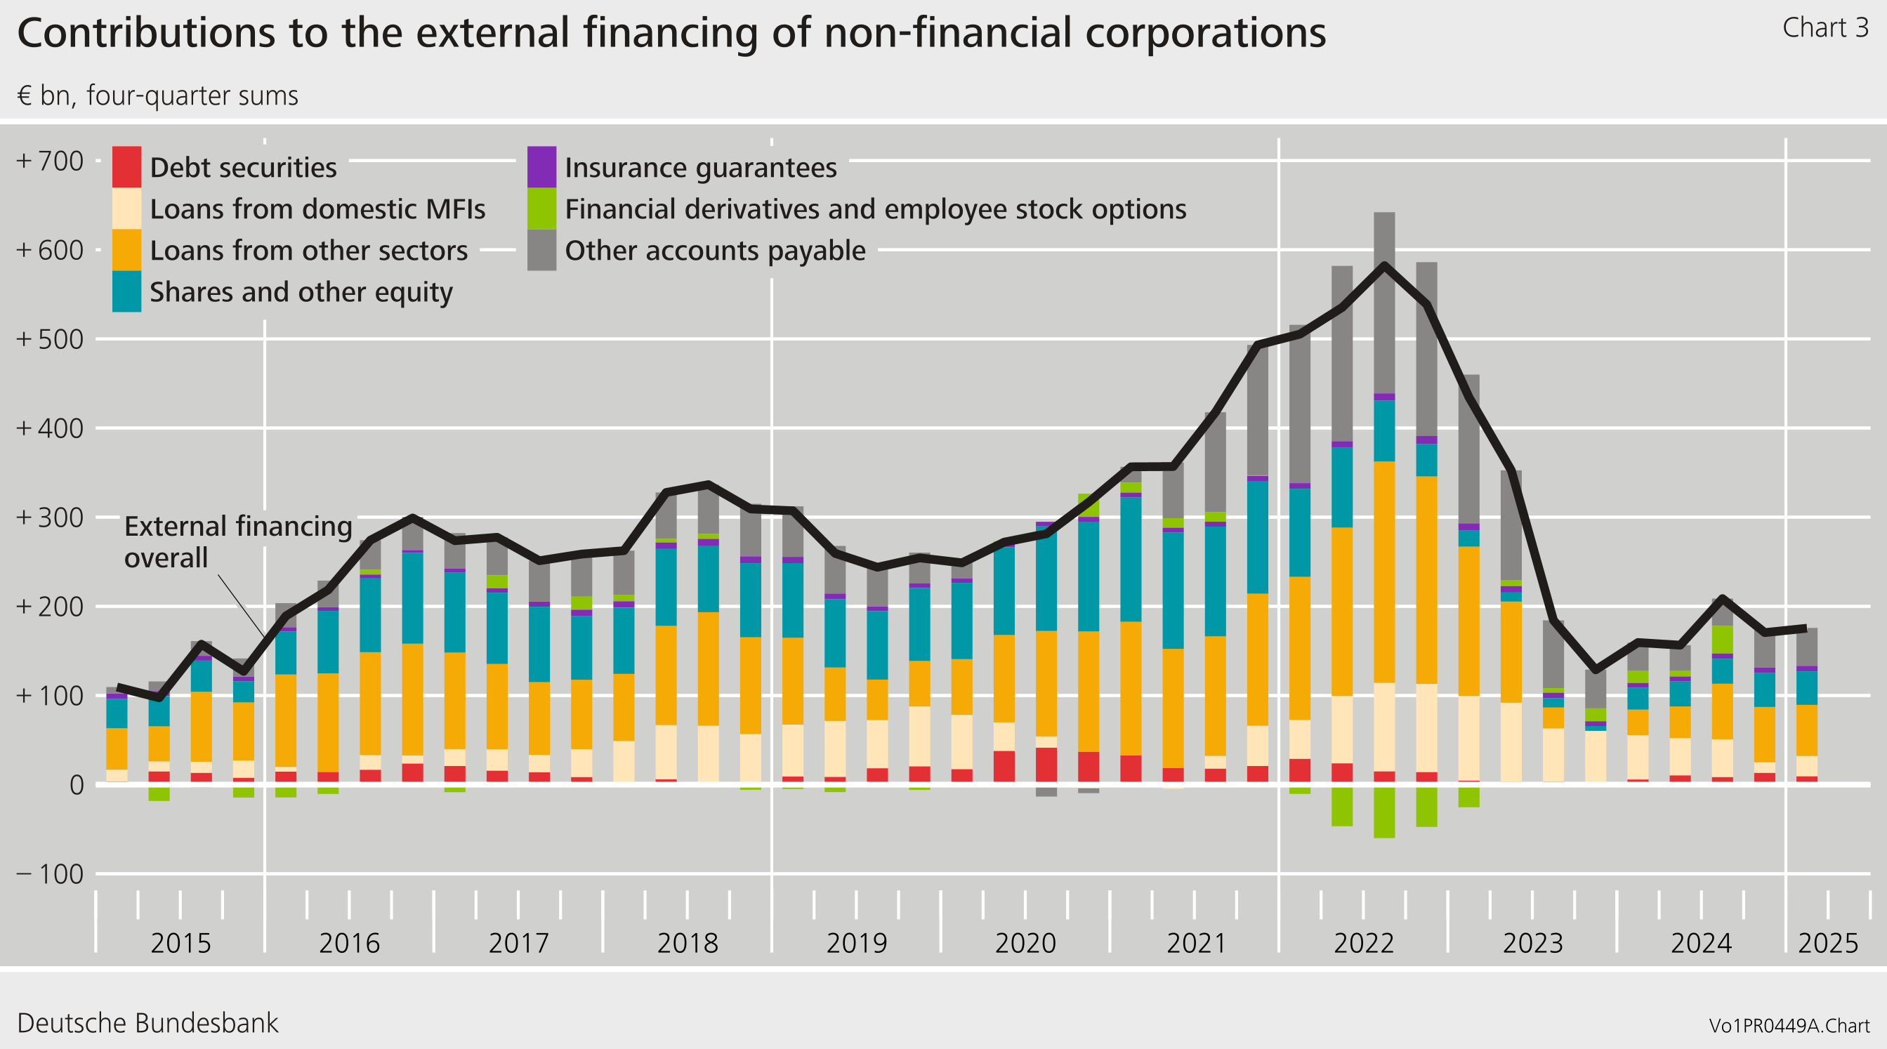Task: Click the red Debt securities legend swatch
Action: click(x=126, y=167)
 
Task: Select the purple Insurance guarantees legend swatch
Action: click(x=541, y=167)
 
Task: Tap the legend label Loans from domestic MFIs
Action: click(x=317, y=209)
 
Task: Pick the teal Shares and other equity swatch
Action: click(x=126, y=291)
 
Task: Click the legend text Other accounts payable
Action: click(x=714, y=251)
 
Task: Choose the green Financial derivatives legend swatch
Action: click(x=541, y=209)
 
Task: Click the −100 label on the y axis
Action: click(x=50, y=874)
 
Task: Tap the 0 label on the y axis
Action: click(x=76, y=785)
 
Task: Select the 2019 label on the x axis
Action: click(x=855, y=943)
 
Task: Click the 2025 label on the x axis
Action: click(x=1828, y=943)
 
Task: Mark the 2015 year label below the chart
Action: click(x=180, y=943)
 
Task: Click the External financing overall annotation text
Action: click(x=237, y=541)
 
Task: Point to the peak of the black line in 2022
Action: click(x=1383, y=265)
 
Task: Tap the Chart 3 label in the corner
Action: click(x=1824, y=28)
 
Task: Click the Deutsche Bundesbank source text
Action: click(x=147, y=1022)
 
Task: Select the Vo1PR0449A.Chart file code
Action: click(x=1788, y=1026)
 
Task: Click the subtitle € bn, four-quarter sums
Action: click(x=157, y=96)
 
